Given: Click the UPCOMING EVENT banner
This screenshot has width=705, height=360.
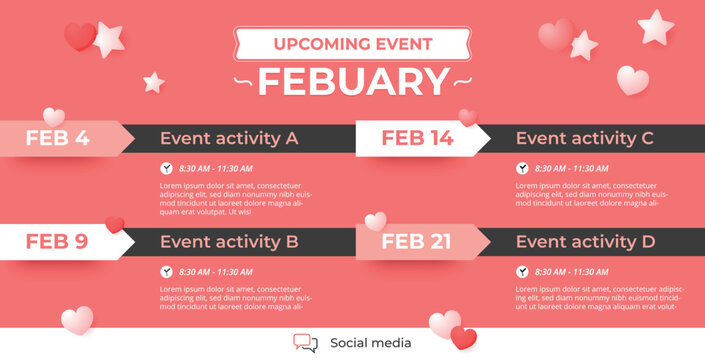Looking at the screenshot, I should click(x=353, y=44).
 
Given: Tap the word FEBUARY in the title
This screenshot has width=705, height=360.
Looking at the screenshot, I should click(x=353, y=81).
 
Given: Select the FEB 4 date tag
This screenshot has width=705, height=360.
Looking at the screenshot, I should click(x=58, y=139).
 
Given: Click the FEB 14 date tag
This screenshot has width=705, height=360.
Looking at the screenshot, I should click(x=417, y=139).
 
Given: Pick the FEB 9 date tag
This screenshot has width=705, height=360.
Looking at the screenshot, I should click(x=58, y=241).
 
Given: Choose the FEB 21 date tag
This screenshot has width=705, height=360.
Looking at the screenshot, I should click(x=417, y=241).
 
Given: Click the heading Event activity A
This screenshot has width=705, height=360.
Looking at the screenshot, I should click(x=229, y=139).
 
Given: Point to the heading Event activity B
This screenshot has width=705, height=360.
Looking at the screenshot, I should click(x=229, y=241).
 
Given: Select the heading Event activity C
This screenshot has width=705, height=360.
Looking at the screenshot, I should click(x=585, y=139).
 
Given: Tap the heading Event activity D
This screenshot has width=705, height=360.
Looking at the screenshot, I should click(x=585, y=241).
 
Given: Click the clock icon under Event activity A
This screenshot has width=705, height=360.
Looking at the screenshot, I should click(x=166, y=169).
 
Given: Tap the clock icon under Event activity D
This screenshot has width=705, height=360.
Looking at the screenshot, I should click(x=522, y=272).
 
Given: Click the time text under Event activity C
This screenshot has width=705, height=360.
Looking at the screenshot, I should click(x=571, y=169).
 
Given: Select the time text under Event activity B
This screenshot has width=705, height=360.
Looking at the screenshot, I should click(x=215, y=272).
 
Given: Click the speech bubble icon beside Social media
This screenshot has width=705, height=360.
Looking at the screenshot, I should click(x=305, y=343).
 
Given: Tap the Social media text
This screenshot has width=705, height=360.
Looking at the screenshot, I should click(x=370, y=343).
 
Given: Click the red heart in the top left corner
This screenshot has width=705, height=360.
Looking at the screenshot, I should click(x=79, y=37).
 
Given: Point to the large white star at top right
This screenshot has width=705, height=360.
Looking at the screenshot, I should click(x=656, y=26).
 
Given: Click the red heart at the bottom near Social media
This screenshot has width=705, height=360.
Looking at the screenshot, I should click(x=463, y=338).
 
